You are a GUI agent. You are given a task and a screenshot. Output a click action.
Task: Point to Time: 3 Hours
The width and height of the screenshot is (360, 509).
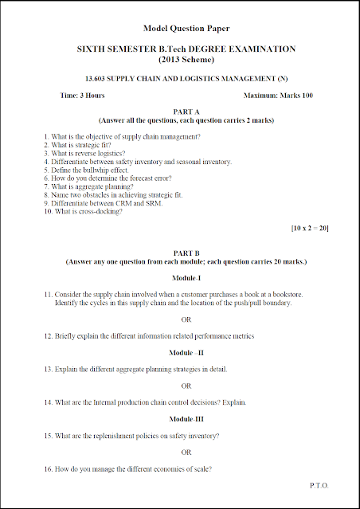click(82, 96)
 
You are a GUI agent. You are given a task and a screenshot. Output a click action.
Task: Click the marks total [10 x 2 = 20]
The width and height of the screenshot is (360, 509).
click(311, 229)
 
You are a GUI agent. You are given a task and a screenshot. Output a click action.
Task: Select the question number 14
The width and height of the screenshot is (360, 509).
click(48, 402)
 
